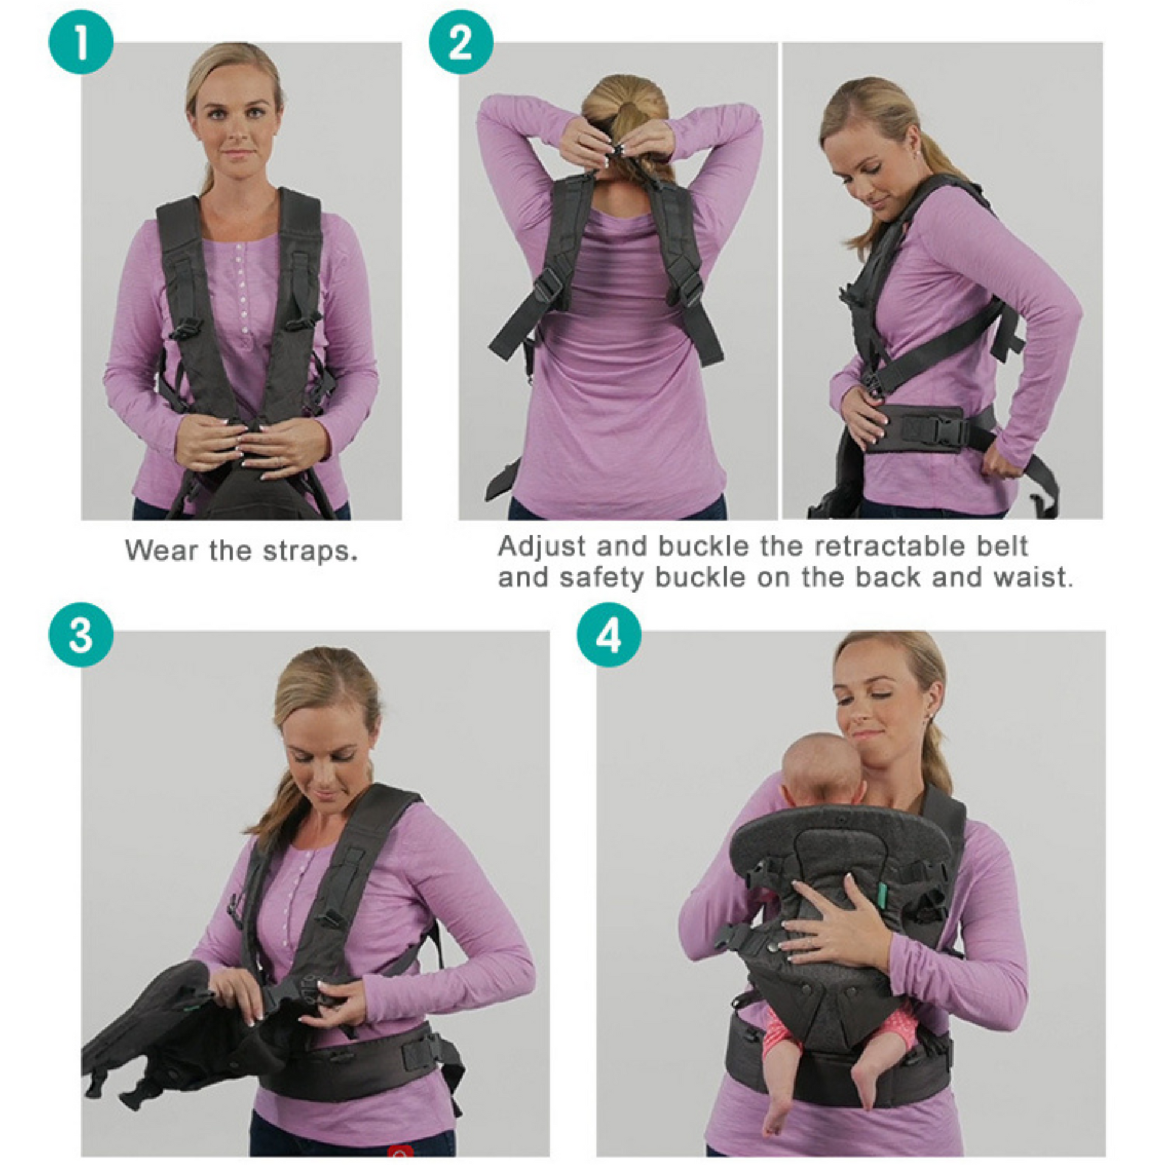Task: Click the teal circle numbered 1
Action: click(x=81, y=43)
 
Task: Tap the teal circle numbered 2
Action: click(x=461, y=43)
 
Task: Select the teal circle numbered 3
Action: click(x=81, y=635)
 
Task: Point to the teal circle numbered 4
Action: click(x=609, y=635)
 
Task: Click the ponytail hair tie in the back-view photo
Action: click(x=627, y=108)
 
